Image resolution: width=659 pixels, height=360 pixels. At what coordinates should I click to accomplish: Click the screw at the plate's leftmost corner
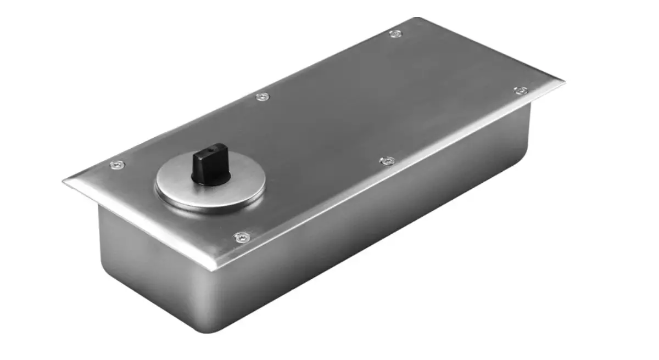116,165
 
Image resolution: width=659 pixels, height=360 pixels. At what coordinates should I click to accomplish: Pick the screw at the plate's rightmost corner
520,90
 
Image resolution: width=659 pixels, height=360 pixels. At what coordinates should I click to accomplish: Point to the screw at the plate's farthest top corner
395,34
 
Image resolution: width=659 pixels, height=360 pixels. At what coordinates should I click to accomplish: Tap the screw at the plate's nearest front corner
242,237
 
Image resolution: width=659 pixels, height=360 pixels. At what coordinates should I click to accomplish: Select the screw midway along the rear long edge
263,97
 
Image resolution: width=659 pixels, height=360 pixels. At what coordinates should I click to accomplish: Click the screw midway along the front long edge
387,161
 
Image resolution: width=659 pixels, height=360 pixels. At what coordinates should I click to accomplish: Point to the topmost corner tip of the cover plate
417,18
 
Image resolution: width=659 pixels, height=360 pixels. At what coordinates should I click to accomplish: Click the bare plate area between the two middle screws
324,129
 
